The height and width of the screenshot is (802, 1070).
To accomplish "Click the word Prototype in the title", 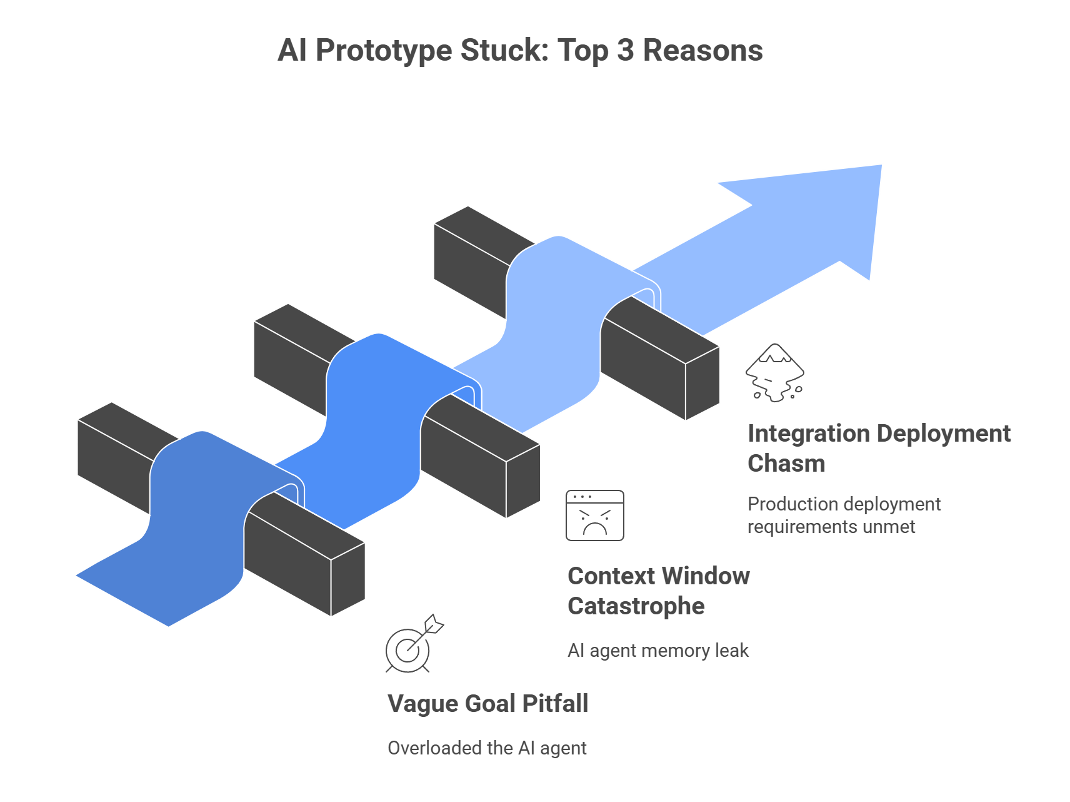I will click(383, 51).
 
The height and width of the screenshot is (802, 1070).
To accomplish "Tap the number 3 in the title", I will click(626, 51).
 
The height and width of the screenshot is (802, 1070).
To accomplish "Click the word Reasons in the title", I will click(702, 51).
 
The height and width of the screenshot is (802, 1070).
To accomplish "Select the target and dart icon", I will click(412, 644).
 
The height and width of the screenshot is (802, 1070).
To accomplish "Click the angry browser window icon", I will click(594, 515).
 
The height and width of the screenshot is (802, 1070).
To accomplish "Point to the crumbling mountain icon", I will click(774, 373).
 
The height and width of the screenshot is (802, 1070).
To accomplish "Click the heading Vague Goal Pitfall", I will click(487, 704).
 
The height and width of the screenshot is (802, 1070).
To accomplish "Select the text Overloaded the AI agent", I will click(487, 748).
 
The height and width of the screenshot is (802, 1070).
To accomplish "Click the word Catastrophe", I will click(636, 606).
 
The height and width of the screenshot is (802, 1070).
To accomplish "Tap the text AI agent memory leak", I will click(657, 651).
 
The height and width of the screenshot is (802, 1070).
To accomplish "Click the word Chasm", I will click(786, 464).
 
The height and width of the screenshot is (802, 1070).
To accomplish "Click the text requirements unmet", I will click(831, 527).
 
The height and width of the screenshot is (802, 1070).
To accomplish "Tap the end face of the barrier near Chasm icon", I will click(702, 383).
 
